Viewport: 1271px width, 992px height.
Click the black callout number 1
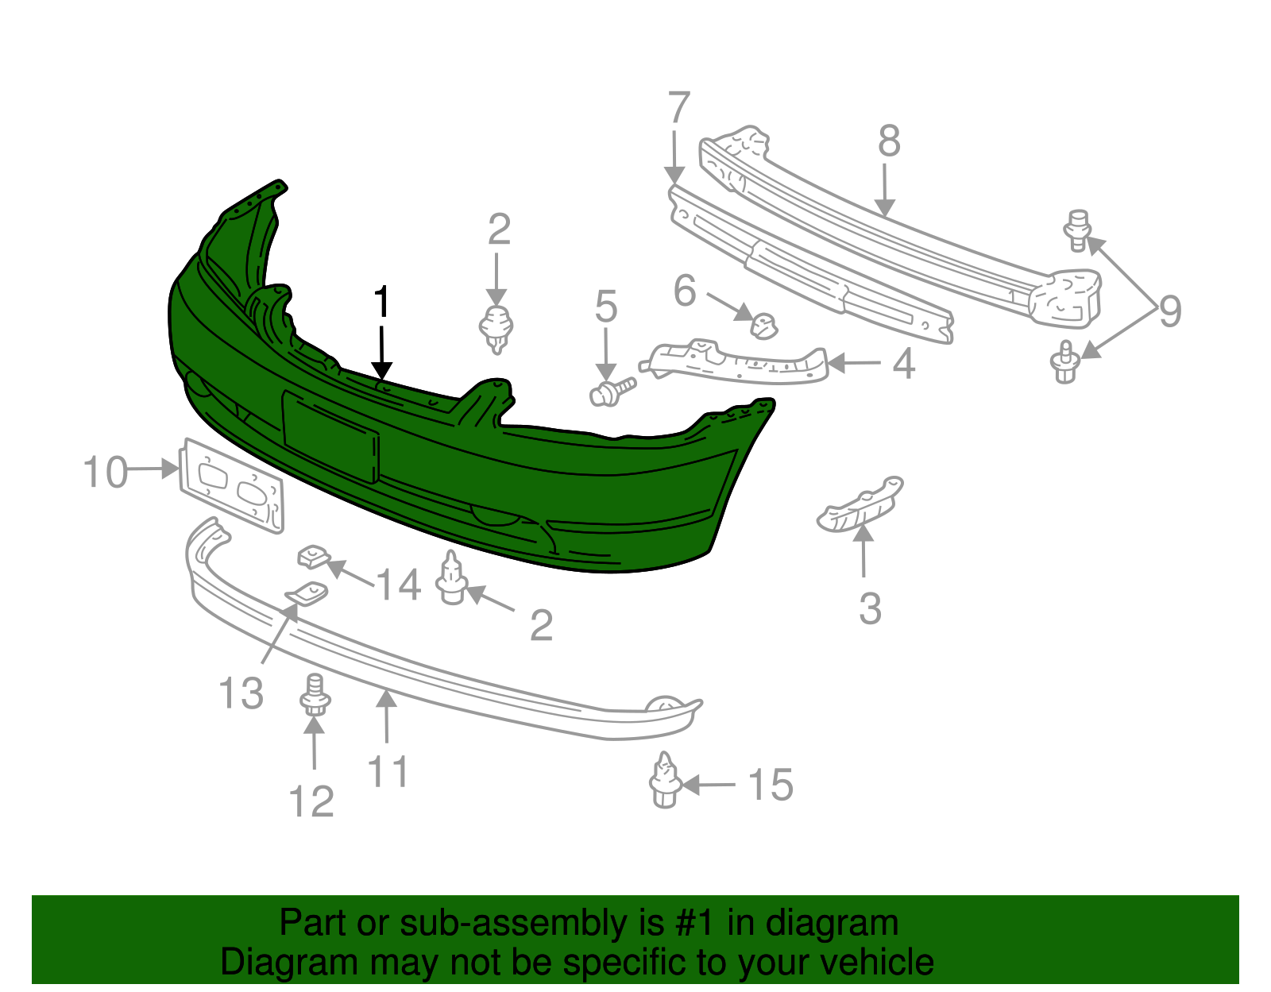point(381,302)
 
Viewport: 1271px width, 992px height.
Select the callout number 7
point(678,107)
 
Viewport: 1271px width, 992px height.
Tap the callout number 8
point(889,141)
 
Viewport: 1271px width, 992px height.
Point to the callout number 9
point(1170,311)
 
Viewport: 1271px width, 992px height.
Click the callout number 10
point(106,472)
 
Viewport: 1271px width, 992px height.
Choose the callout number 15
point(771,785)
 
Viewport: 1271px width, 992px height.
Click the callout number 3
point(870,608)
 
